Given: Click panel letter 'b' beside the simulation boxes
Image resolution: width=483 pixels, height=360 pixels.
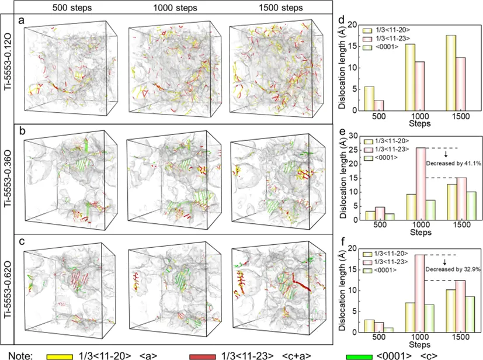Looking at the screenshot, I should pos(22,130).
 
